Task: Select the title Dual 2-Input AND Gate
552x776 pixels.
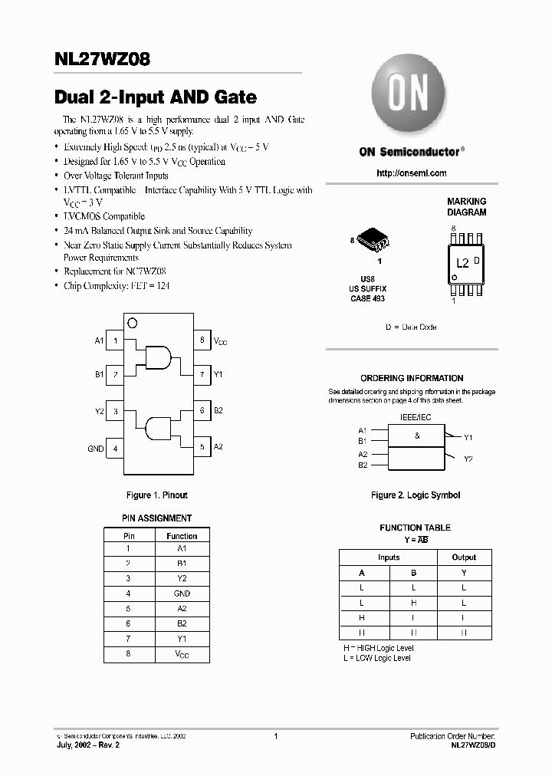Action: pyautogui.click(x=156, y=97)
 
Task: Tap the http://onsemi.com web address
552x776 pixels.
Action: pyautogui.click(x=411, y=173)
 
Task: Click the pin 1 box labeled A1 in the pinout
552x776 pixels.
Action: pyautogui.click(x=115, y=340)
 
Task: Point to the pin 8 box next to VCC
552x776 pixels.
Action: pyautogui.click(x=202, y=340)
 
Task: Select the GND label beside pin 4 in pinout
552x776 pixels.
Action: pyautogui.click(x=95, y=449)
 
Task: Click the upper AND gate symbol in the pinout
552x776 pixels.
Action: pyautogui.click(x=158, y=357)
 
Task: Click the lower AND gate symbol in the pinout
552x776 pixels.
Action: pyautogui.click(x=158, y=429)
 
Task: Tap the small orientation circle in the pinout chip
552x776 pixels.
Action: pyautogui.click(x=132, y=323)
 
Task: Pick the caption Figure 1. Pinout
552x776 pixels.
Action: pyautogui.click(x=157, y=495)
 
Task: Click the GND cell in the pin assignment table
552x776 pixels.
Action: pyautogui.click(x=182, y=594)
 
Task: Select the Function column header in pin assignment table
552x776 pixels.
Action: pyautogui.click(x=182, y=536)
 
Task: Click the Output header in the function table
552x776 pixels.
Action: pyautogui.click(x=463, y=557)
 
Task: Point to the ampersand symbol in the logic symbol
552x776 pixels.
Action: pyautogui.click(x=417, y=436)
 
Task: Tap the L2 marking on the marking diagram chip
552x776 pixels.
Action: pyautogui.click(x=462, y=262)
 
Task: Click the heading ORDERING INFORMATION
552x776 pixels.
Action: pyautogui.click(x=412, y=378)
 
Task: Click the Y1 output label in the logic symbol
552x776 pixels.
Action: pyautogui.click(x=468, y=437)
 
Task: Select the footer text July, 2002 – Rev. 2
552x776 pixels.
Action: pyautogui.click(x=88, y=745)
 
